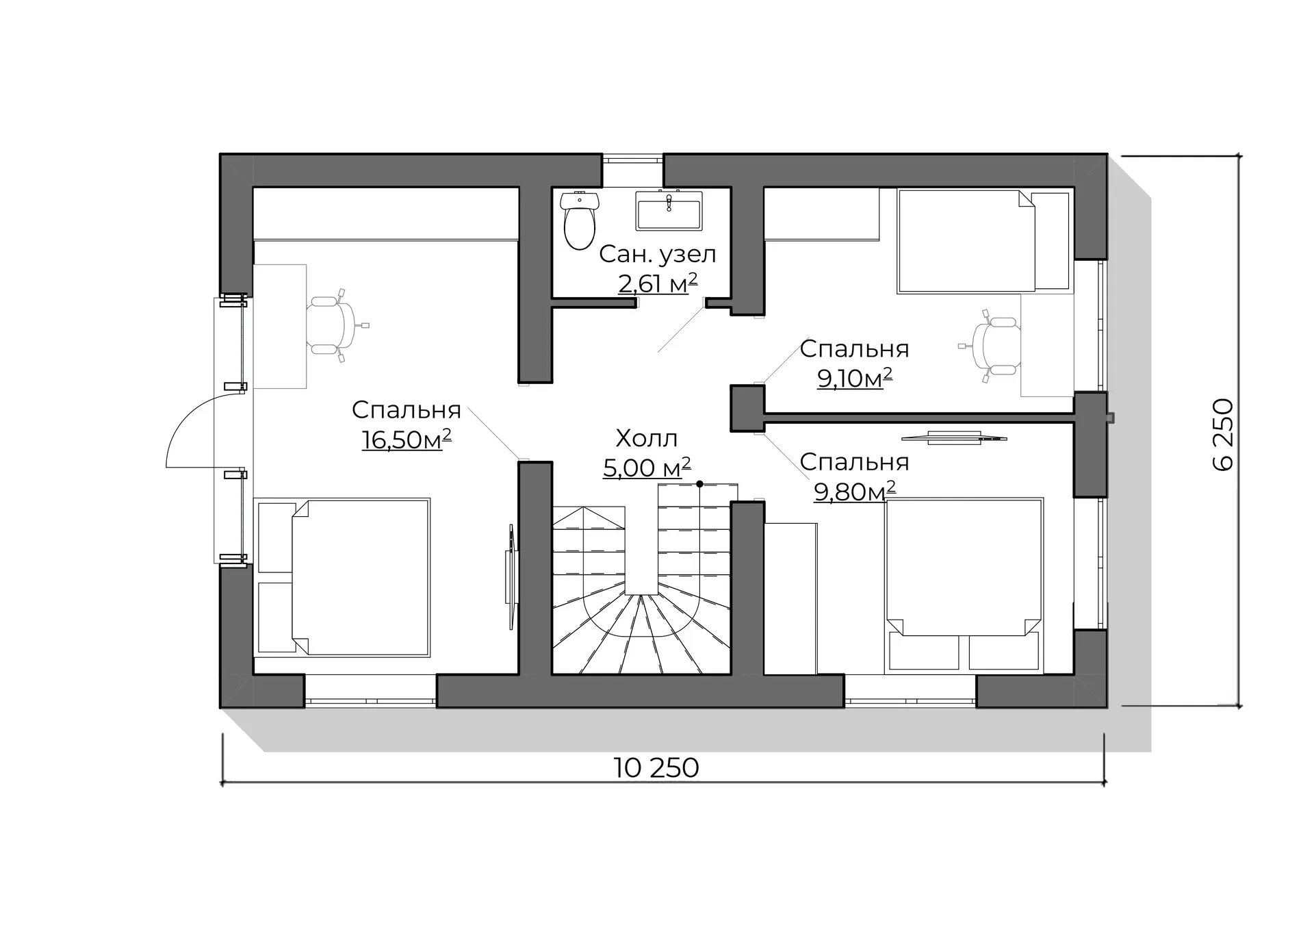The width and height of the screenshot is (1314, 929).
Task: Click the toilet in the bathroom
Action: tap(580, 220)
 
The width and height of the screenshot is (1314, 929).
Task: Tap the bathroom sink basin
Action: tap(669, 210)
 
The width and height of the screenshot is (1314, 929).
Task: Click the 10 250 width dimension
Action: tap(656, 767)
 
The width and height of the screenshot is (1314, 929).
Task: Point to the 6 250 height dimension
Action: tap(1223, 435)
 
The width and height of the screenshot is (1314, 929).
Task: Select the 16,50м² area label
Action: tap(407, 439)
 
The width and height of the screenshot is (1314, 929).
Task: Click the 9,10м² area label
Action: tap(855, 377)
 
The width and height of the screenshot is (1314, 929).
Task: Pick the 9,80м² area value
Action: tap(855, 490)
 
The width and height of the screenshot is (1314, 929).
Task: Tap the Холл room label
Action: tap(647, 438)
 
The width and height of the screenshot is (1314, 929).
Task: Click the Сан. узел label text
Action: tap(658, 254)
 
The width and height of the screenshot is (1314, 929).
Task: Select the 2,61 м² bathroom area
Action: tap(658, 283)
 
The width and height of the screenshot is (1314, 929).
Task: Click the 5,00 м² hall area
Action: tap(647, 468)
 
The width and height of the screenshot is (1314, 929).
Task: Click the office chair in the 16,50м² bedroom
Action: tap(335, 324)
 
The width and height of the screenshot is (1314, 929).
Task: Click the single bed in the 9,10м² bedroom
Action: tap(983, 241)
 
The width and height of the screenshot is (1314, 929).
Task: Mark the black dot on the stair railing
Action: tap(699, 484)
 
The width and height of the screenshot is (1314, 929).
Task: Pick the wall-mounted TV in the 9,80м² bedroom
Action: tap(954, 437)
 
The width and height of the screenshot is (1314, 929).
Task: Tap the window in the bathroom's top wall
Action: tap(632, 160)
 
